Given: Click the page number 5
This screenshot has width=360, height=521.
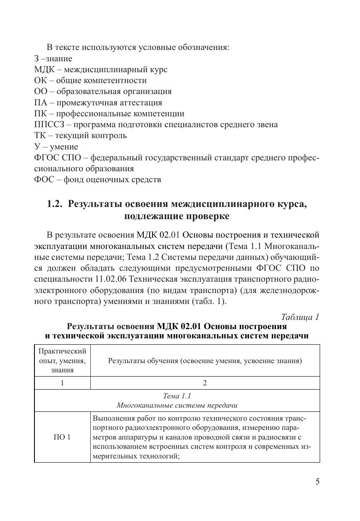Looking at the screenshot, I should (x=318, y=482).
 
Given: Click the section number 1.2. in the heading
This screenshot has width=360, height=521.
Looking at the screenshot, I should (x=54, y=204).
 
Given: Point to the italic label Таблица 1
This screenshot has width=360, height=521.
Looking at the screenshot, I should (x=300, y=317).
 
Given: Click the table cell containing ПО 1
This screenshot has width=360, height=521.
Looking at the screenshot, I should (x=62, y=437).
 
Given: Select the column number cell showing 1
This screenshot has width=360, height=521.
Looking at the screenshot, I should (x=62, y=382).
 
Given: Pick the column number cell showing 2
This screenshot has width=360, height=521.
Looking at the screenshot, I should (x=205, y=382).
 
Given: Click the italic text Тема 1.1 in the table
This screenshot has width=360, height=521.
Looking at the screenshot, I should (x=177, y=396).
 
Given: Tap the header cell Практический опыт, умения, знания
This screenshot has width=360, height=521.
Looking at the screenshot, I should (x=62, y=360).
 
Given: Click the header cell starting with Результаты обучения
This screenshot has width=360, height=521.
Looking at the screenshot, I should (x=205, y=360).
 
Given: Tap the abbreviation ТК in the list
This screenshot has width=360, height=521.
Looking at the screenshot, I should (x=40, y=136).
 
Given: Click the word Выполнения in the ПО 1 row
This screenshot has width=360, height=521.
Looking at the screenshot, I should (x=111, y=419).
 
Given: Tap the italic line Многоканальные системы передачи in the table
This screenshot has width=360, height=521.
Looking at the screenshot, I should (x=177, y=406).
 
